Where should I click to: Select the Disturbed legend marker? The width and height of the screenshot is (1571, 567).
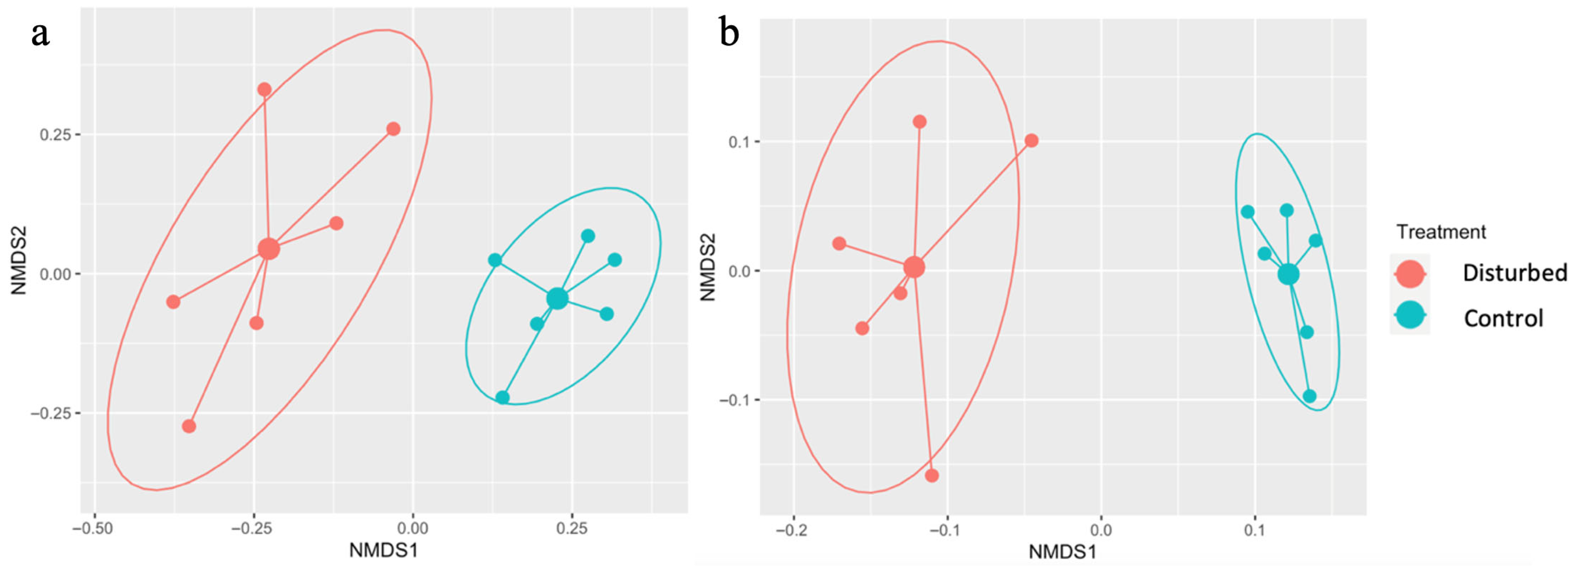(1409, 274)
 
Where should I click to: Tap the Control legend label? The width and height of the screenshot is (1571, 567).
(1503, 318)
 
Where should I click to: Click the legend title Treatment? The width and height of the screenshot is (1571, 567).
(1441, 232)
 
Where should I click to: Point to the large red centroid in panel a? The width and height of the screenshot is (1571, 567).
(268, 248)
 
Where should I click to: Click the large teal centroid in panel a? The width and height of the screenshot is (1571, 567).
(557, 298)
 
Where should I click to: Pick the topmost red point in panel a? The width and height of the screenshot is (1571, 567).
(264, 90)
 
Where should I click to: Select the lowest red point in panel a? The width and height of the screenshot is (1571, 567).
(189, 426)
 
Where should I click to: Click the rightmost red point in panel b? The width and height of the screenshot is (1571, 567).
(1031, 141)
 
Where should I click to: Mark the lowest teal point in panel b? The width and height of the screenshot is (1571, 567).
(1309, 396)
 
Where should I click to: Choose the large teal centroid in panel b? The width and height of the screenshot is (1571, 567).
(1288, 274)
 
